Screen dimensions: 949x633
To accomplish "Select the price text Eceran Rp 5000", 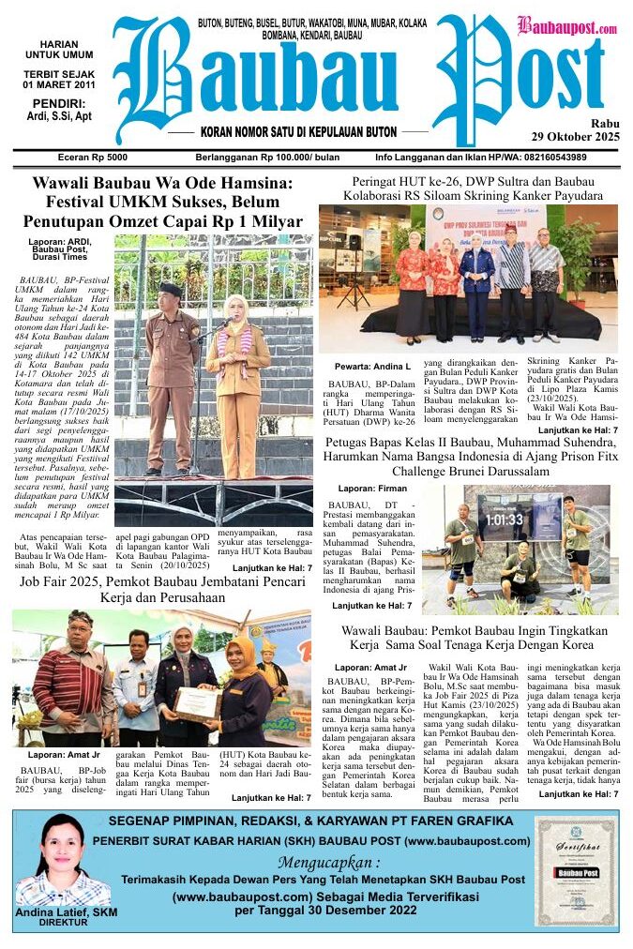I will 92,158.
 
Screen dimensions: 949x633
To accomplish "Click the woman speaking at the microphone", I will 238,375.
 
